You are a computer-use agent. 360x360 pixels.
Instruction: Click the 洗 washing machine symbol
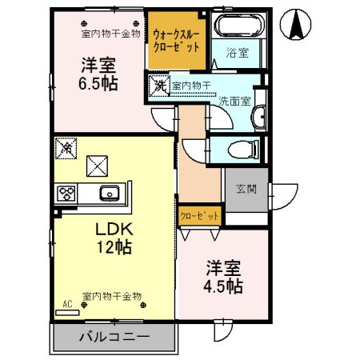tap(159, 86)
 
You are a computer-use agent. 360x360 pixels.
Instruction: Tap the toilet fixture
tap(239, 150)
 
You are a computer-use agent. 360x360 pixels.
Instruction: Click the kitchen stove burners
tap(66, 194)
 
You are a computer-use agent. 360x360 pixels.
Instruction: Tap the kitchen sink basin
tap(107, 194)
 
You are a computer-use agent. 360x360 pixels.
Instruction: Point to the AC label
tap(67, 305)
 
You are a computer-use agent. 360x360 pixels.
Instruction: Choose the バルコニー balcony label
tap(113, 337)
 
